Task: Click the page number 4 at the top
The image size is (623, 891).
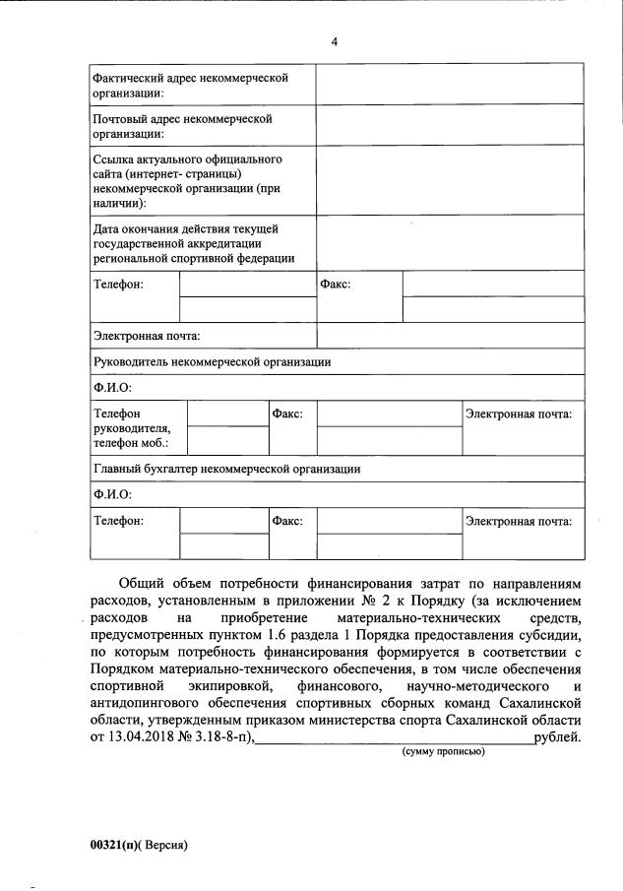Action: click(x=335, y=43)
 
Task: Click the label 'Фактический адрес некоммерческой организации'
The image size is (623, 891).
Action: click(x=189, y=86)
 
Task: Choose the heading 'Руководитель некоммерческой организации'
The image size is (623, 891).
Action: click(x=212, y=361)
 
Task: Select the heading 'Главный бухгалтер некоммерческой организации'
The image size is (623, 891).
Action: click(x=226, y=469)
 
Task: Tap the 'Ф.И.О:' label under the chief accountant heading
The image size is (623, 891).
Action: click(x=112, y=494)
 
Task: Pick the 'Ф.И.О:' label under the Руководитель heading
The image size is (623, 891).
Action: click(x=112, y=387)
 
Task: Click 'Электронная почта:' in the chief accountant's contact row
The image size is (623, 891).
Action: click(x=518, y=521)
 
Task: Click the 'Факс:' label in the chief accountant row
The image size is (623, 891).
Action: click(x=287, y=521)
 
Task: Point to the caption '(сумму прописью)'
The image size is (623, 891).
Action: click(x=441, y=752)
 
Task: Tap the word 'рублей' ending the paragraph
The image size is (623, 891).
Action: click(x=557, y=735)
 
